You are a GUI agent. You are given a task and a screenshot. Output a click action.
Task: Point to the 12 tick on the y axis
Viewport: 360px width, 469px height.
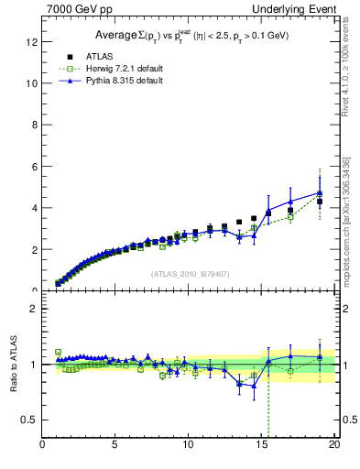click(x=32, y=41)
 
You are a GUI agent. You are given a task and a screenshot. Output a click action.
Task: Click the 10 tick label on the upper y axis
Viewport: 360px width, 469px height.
click(x=32, y=82)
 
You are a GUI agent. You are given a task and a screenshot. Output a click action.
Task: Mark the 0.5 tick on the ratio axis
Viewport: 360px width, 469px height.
click(x=29, y=420)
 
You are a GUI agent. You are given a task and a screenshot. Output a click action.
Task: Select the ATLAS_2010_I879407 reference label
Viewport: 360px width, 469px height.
click(x=189, y=274)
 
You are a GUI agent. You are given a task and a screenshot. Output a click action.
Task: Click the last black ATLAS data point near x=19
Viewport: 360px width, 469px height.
click(x=320, y=202)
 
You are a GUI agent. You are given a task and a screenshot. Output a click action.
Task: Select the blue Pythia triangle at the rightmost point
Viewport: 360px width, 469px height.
click(x=320, y=192)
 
